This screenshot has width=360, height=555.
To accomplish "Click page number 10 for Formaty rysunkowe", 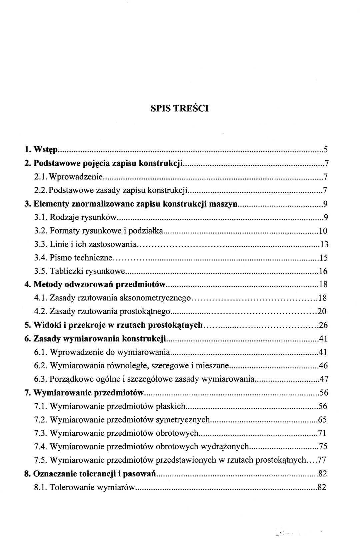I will click(323, 231).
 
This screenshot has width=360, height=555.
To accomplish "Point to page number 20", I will click(322, 312).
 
